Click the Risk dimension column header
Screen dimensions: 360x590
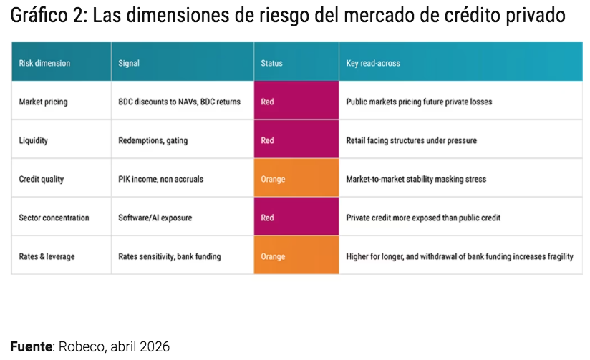(44, 63)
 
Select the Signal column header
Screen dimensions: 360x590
(129, 63)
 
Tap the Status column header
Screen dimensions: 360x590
(272, 63)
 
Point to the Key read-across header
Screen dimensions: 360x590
(373, 63)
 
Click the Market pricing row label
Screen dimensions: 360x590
(43, 102)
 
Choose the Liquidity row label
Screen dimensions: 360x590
(33, 140)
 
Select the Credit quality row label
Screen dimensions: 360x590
(42, 179)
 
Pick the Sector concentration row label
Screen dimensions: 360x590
(54, 218)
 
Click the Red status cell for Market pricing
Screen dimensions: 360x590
(296, 102)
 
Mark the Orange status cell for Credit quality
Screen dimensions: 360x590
(296, 179)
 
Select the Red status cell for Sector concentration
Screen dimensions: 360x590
(296, 218)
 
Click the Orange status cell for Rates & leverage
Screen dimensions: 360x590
(296, 256)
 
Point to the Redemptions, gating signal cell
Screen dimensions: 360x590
(153, 140)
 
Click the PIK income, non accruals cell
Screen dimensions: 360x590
(160, 179)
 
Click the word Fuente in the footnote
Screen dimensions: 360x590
(32, 346)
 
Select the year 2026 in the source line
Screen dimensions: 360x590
(155, 346)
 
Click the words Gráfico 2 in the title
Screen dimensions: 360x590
(45, 16)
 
